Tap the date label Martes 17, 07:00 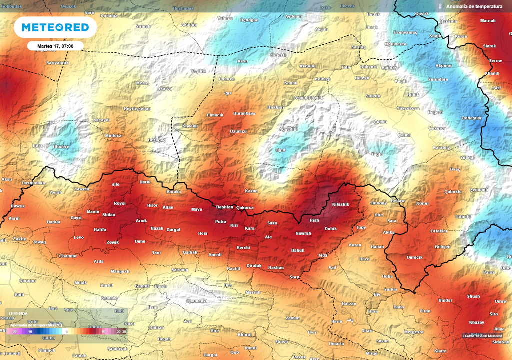55,46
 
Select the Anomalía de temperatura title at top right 474,7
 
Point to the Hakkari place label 275,107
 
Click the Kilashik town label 340,205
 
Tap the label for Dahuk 298,250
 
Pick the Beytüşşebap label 137,108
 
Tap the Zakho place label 19,239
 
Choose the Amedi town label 215,255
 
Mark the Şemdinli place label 479,190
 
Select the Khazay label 477,322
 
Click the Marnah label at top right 488,21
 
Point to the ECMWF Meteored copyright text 482,336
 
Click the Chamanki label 196,301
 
